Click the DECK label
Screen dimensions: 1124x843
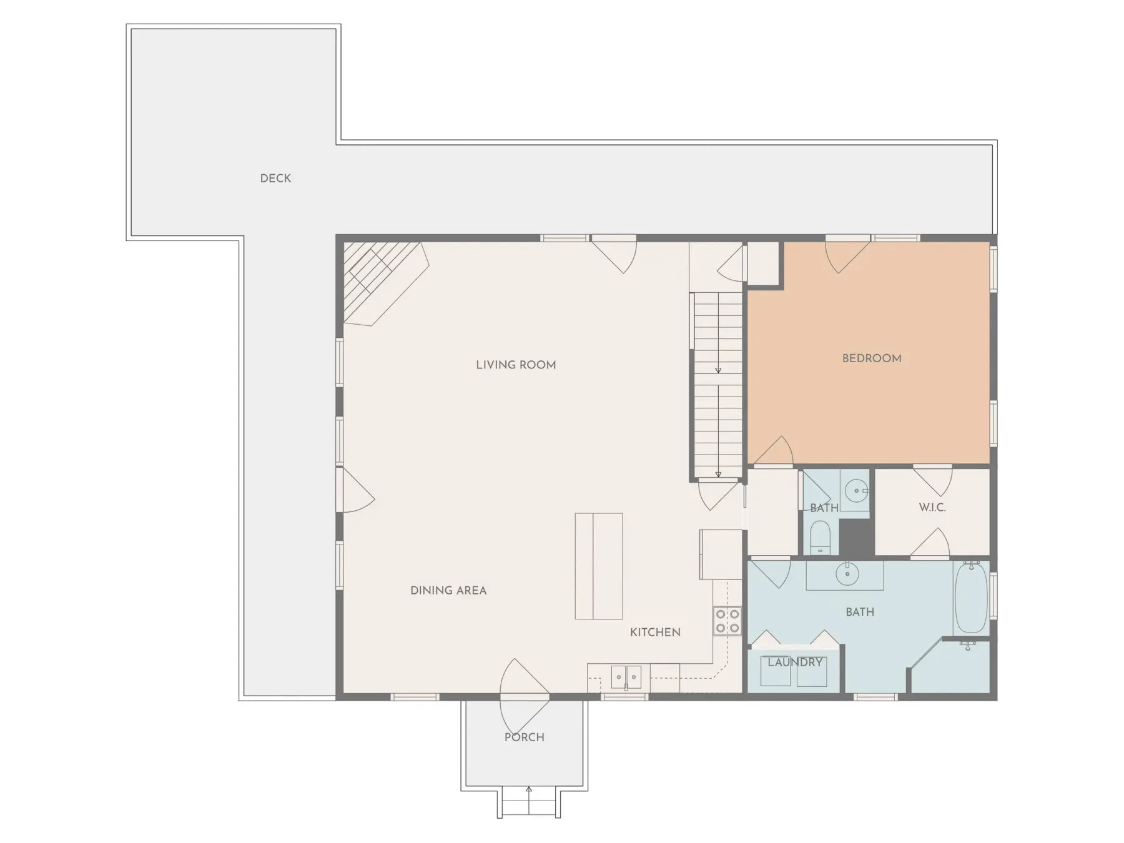point(275,179)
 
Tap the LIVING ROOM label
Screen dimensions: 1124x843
point(516,365)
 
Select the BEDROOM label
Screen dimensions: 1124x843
point(872,358)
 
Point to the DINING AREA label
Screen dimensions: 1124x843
point(448,591)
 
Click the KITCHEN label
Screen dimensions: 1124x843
point(655,633)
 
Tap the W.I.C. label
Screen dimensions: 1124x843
point(932,508)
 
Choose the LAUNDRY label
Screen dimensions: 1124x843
point(795,663)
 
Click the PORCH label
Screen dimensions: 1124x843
point(525,737)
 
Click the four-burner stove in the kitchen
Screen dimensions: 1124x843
point(727,621)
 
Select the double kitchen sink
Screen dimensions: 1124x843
point(626,676)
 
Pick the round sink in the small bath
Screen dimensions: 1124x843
point(856,491)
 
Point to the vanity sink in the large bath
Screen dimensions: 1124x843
point(847,573)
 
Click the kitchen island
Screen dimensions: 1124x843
point(599,566)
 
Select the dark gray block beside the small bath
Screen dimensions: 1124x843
point(857,536)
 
